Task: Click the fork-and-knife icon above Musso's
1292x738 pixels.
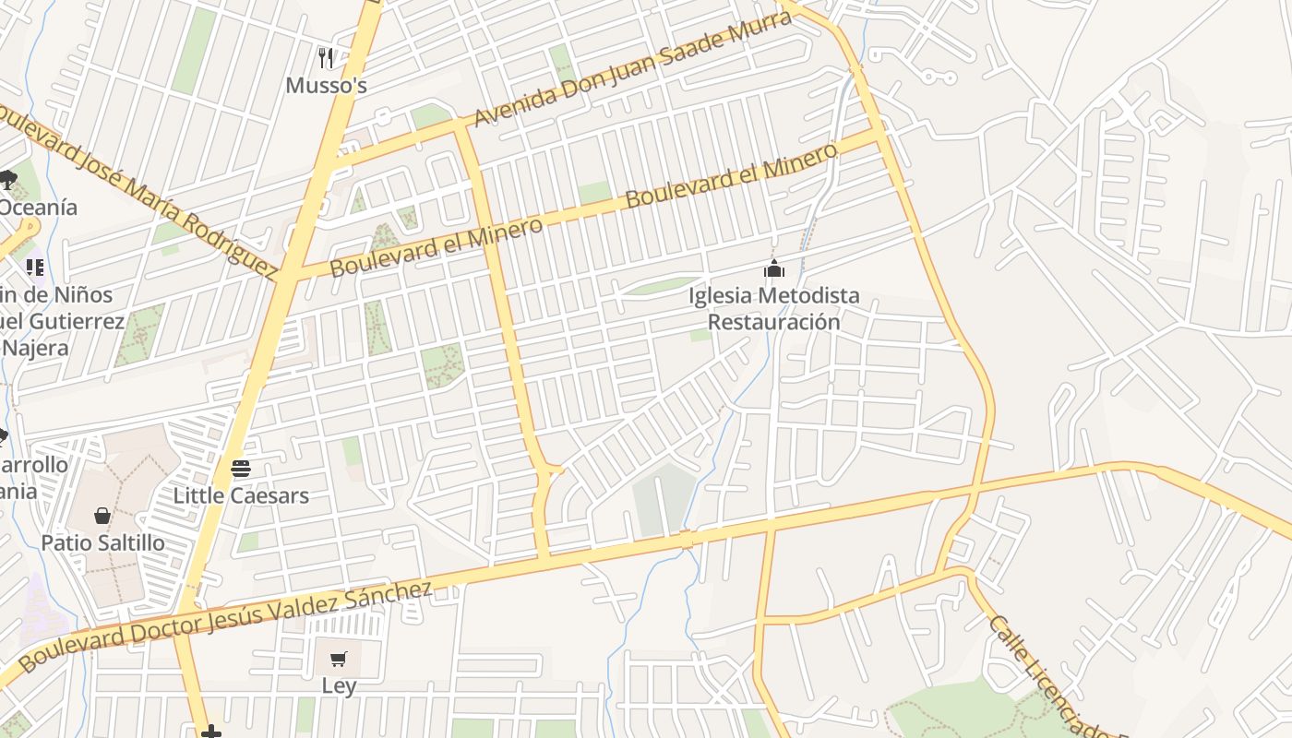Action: pos(326,58)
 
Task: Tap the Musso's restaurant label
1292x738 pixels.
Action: pos(326,86)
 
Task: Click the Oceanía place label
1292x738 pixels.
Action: pos(39,208)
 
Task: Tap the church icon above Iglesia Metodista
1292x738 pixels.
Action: pos(773,268)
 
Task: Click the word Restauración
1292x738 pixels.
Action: pos(773,322)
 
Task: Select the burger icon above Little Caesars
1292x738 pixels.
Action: pos(241,469)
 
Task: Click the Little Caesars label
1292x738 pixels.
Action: pos(241,495)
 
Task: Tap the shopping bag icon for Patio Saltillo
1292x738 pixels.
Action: pos(102,515)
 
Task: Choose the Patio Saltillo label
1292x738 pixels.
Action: pos(102,542)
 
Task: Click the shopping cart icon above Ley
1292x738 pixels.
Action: pos(339,660)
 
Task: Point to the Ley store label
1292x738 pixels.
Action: pos(339,686)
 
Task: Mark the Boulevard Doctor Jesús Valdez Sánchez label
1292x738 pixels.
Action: pos(226,626)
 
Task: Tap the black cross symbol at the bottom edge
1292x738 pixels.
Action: pos(211,732)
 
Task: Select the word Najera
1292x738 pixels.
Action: pos(35,348)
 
